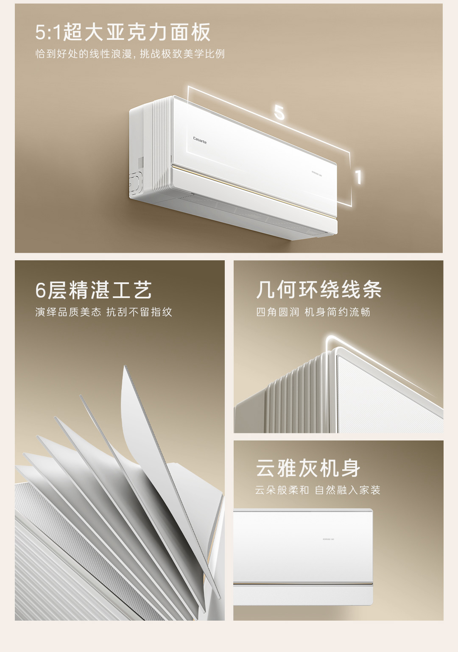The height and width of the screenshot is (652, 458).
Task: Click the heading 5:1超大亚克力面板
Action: [123, 32]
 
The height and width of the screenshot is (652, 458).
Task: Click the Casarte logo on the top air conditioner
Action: [200, 139]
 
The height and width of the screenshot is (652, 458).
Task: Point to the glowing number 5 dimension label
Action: [279, 113]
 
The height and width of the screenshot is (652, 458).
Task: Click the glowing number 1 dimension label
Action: [358, 177]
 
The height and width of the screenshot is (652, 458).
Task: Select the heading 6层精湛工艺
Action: [93, 290]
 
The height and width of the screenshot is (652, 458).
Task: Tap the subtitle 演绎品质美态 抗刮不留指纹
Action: [104, 312]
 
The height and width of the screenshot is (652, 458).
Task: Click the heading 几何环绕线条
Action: [319, 290]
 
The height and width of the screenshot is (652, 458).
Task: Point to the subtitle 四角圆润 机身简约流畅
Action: [313, 312]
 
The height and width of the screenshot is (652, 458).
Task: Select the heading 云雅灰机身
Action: [308, 468]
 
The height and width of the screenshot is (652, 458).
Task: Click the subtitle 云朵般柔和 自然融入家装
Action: [318, 490]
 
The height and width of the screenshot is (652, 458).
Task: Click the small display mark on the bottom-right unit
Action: [328, 539]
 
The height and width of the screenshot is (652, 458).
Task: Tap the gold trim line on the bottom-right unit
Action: [303, 584]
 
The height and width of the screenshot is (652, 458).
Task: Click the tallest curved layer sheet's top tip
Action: [125, 368]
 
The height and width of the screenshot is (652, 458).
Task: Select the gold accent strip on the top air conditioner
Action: [254, 191]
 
